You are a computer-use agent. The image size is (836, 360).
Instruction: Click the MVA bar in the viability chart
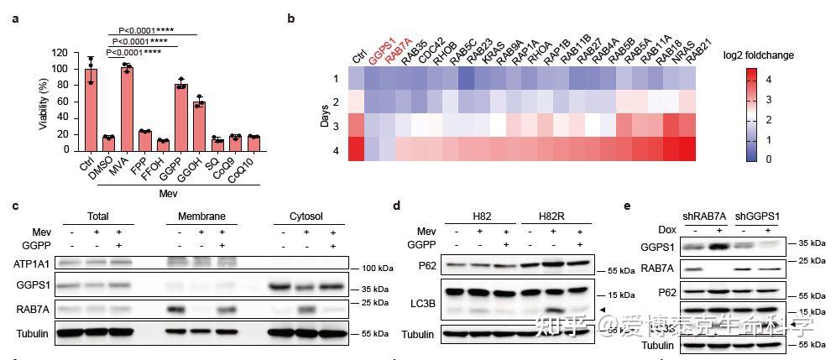coord(127,108)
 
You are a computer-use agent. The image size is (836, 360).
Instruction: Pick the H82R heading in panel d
coord(558,215)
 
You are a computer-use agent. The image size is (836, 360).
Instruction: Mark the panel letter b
coord(290,18)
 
